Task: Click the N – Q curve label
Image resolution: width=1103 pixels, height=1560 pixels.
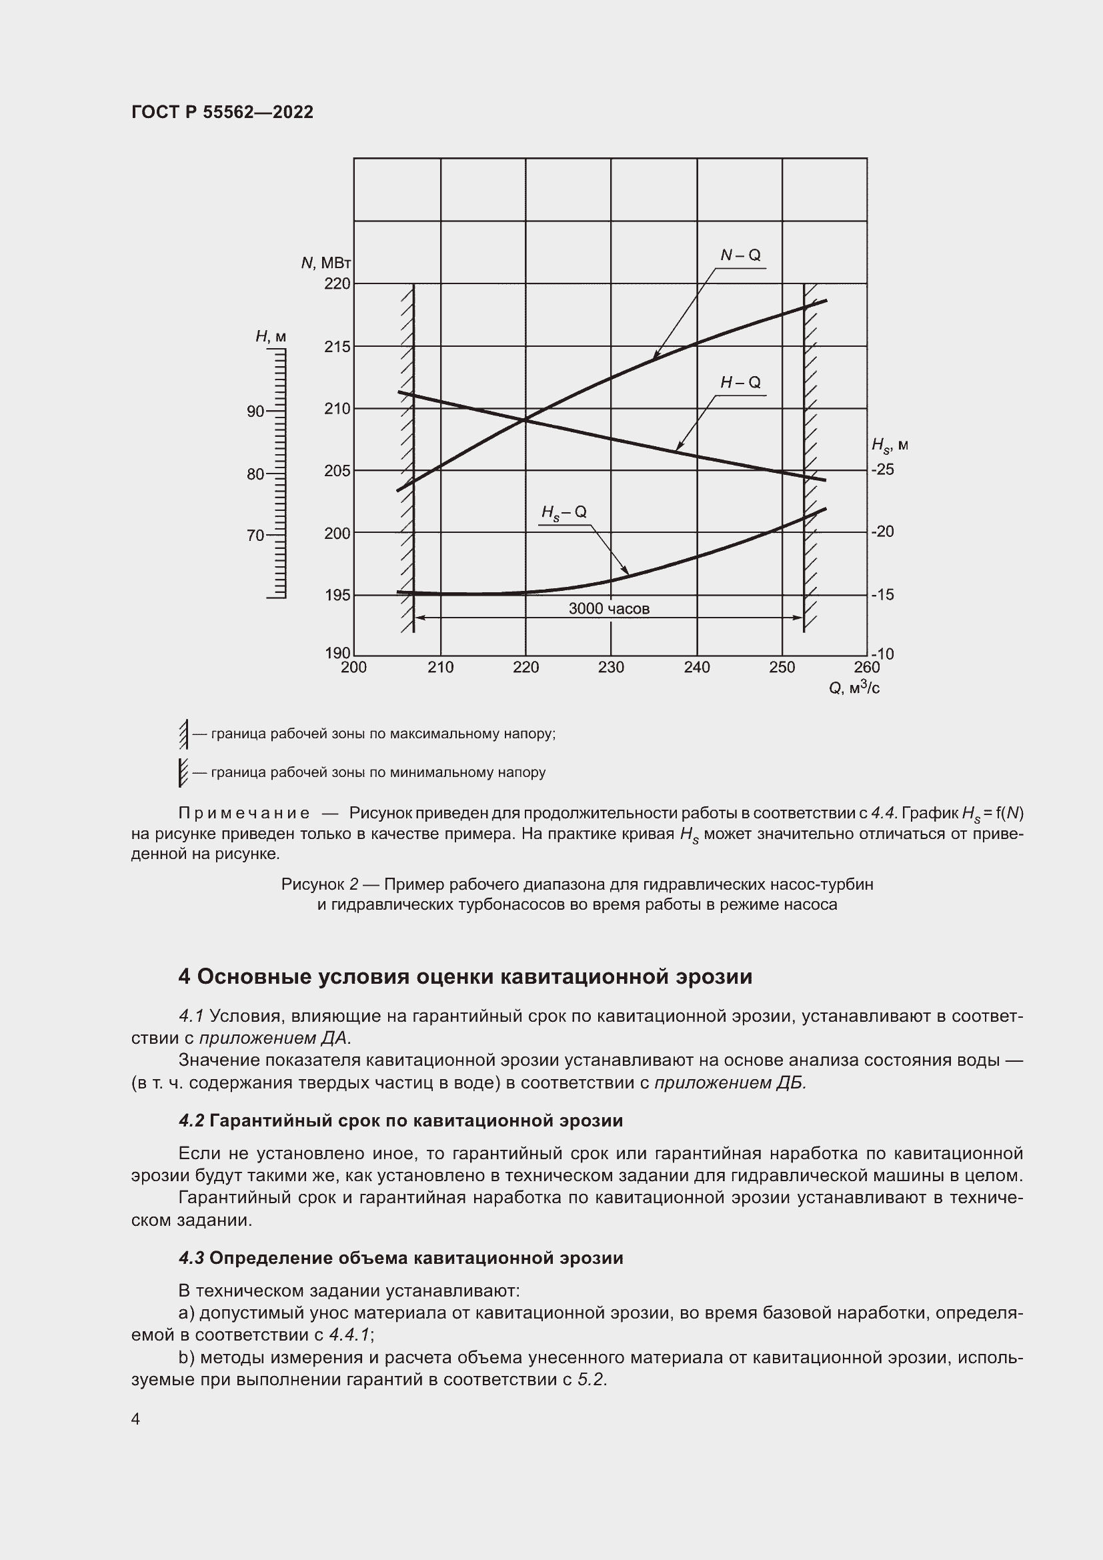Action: (740, 255)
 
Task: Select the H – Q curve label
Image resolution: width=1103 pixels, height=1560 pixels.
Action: (740, 383)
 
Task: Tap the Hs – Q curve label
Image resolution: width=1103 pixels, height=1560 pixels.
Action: (564, 513)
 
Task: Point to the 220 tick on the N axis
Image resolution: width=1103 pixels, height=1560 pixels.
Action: (337, 283)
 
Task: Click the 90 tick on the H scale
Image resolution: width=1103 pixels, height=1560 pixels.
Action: (256, 411)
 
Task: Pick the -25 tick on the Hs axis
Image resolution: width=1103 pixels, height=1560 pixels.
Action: (883, 470)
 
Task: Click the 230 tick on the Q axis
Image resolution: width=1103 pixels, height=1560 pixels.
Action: (611, 667)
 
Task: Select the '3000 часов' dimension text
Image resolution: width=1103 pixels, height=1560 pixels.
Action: (609, 609)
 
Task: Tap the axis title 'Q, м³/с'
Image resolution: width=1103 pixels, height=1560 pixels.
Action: (854, 688)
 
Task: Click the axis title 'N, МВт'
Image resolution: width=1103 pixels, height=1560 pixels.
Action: (326, 263)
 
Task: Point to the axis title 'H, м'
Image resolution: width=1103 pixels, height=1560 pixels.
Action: (270, 336)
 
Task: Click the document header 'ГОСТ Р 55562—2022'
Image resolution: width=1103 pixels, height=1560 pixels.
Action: (222, 112)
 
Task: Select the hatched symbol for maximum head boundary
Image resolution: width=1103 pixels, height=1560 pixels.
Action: (183, 734)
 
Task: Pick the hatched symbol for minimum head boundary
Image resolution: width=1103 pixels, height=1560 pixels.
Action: (183, 772)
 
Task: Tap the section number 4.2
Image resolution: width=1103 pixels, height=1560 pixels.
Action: (191, 1120)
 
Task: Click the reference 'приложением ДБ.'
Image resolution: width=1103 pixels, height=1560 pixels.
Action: (730, 1082)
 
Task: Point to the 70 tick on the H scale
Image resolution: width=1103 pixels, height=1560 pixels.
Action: (256, 536)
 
